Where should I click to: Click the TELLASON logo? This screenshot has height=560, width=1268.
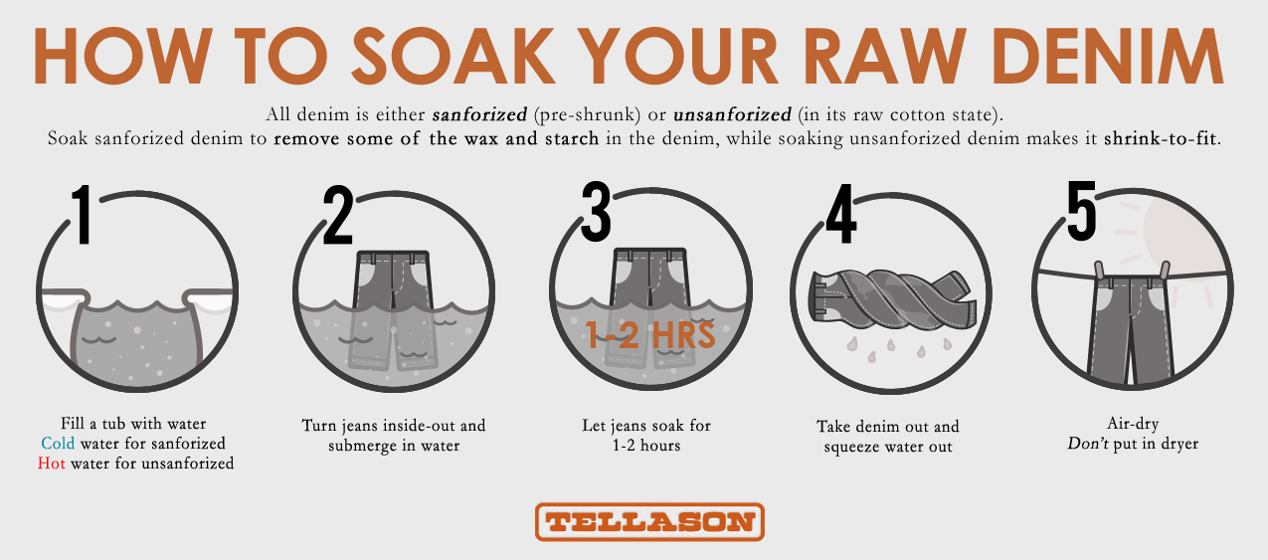coord(649,521)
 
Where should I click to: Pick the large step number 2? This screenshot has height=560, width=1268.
coord(339,214)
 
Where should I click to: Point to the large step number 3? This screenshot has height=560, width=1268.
coord(596,214)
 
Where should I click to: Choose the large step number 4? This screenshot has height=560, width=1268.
coord(841,214)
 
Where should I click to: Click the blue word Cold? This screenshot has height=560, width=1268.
coord(59,444)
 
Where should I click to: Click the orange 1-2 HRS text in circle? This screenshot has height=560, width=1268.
coord(649,335)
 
